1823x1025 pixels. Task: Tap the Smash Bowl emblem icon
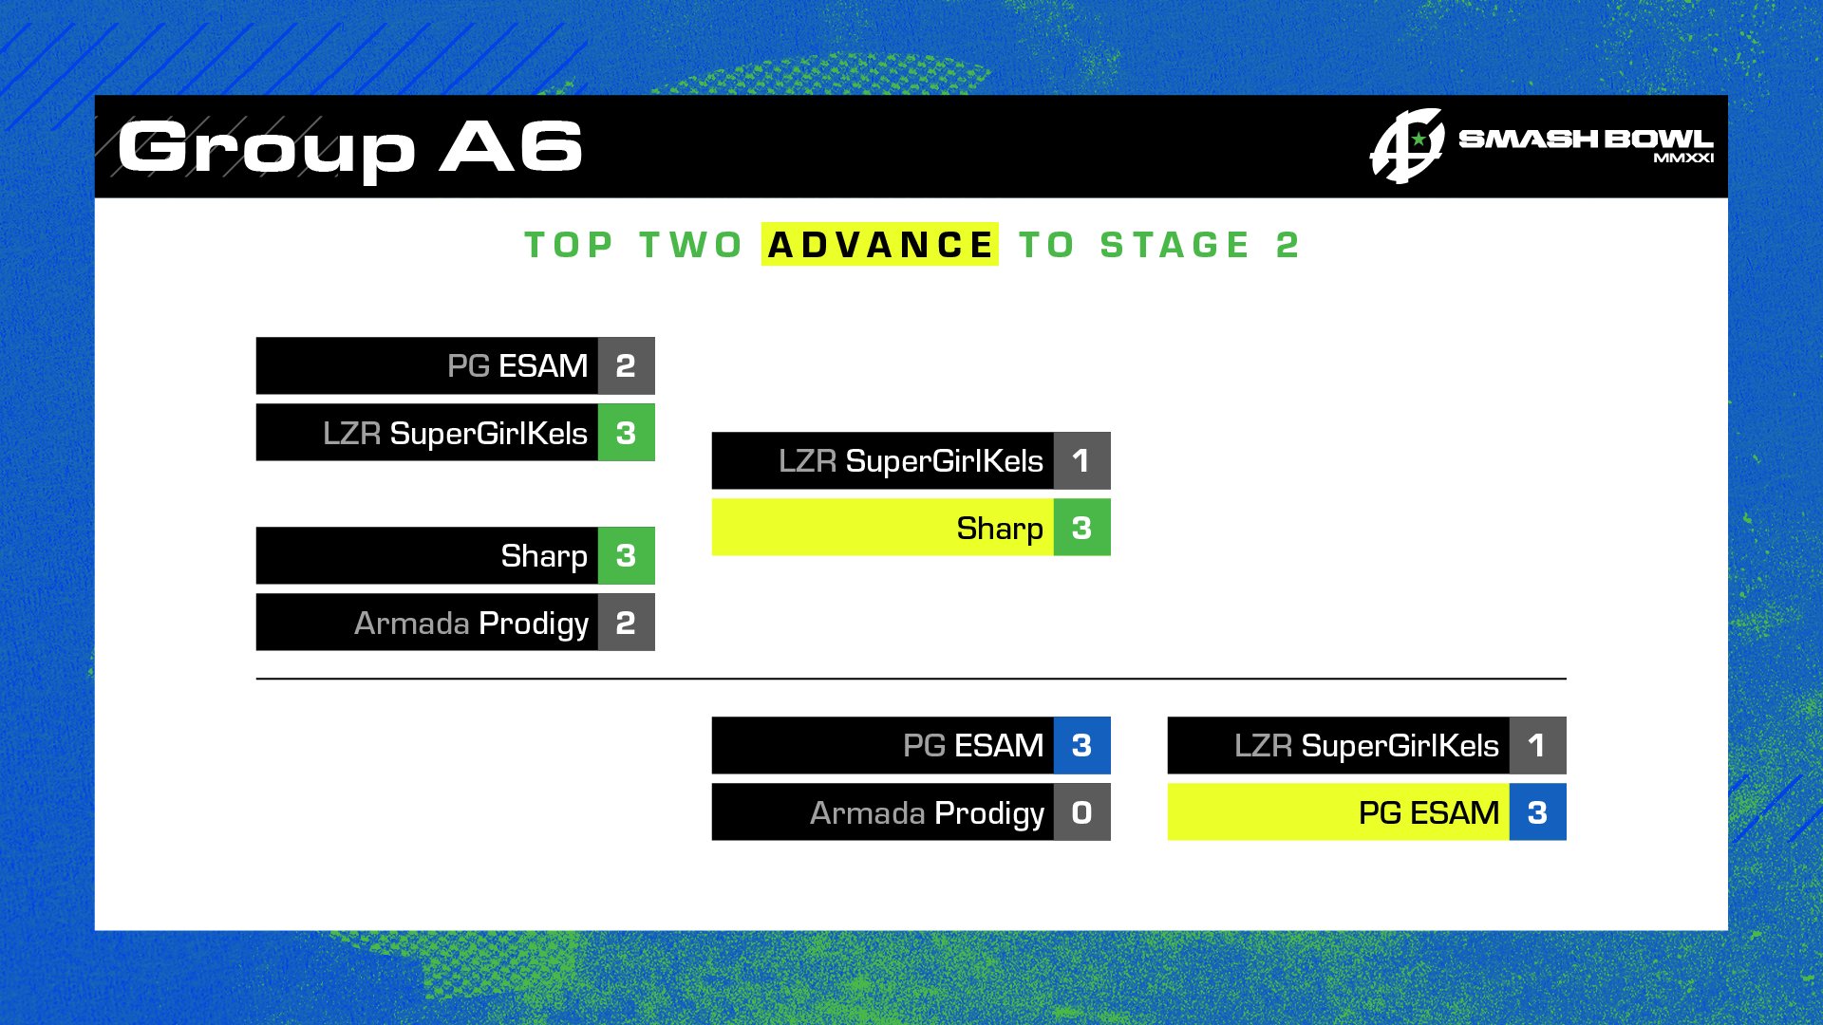coord(1407,146)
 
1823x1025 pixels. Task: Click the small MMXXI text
coord(1683,158)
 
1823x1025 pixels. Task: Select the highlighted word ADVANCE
coord(879,245)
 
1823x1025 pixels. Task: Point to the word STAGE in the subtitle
coord(1175,245)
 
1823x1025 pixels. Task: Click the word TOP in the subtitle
coord(569,245)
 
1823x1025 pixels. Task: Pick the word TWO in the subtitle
coord(690,245)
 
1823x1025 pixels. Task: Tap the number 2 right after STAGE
coord(1287,245)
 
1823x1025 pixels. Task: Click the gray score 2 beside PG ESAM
coord(626,365)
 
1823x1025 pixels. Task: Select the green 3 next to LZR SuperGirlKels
coord(626,433)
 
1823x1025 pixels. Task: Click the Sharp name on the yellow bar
coord(1000,529)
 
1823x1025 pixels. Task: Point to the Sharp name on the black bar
coord(544,556)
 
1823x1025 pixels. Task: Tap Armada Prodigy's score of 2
coord(626,623)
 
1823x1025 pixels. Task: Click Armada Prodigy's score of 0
coord(1081,812)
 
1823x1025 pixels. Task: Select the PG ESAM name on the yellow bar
coord(1429,813)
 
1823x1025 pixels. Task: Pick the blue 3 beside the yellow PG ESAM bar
coord(1537,812)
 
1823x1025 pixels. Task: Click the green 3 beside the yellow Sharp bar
coord(1081,528)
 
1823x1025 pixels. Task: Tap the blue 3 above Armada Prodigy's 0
coord(1081,745)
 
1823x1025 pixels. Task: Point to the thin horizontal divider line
coord(911,679)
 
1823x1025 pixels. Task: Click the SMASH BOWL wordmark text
coord(1586,140)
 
